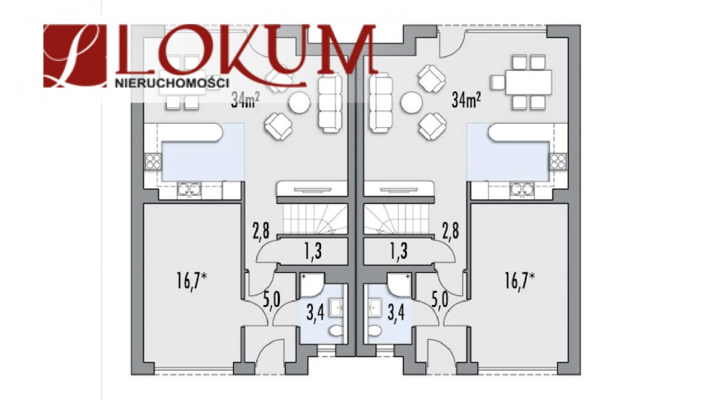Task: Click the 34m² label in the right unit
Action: click(x=466, y=101)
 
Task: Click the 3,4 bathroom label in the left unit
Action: click(x=315, y=313)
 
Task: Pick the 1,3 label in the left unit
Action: click(x=313, y=252)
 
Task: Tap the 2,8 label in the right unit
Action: click(x=451, y=231)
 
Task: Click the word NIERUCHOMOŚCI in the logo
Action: click(x=172, y=83)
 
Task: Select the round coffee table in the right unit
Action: click(x=411, y=102)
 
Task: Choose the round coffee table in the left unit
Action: click(x=300, y=102)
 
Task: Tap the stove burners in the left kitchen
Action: click(x=153, y=162)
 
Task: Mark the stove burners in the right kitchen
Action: click(x=559, y=162)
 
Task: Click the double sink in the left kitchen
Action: click(x=189, y=190)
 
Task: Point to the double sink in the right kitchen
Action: click(x=522, y=190)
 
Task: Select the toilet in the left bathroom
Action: click(x=337, y=331)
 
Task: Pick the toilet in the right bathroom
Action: click(x=374, y=331)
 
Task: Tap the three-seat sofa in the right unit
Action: click(x=381, y=103)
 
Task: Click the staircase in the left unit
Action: click(x=315, y=218)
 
